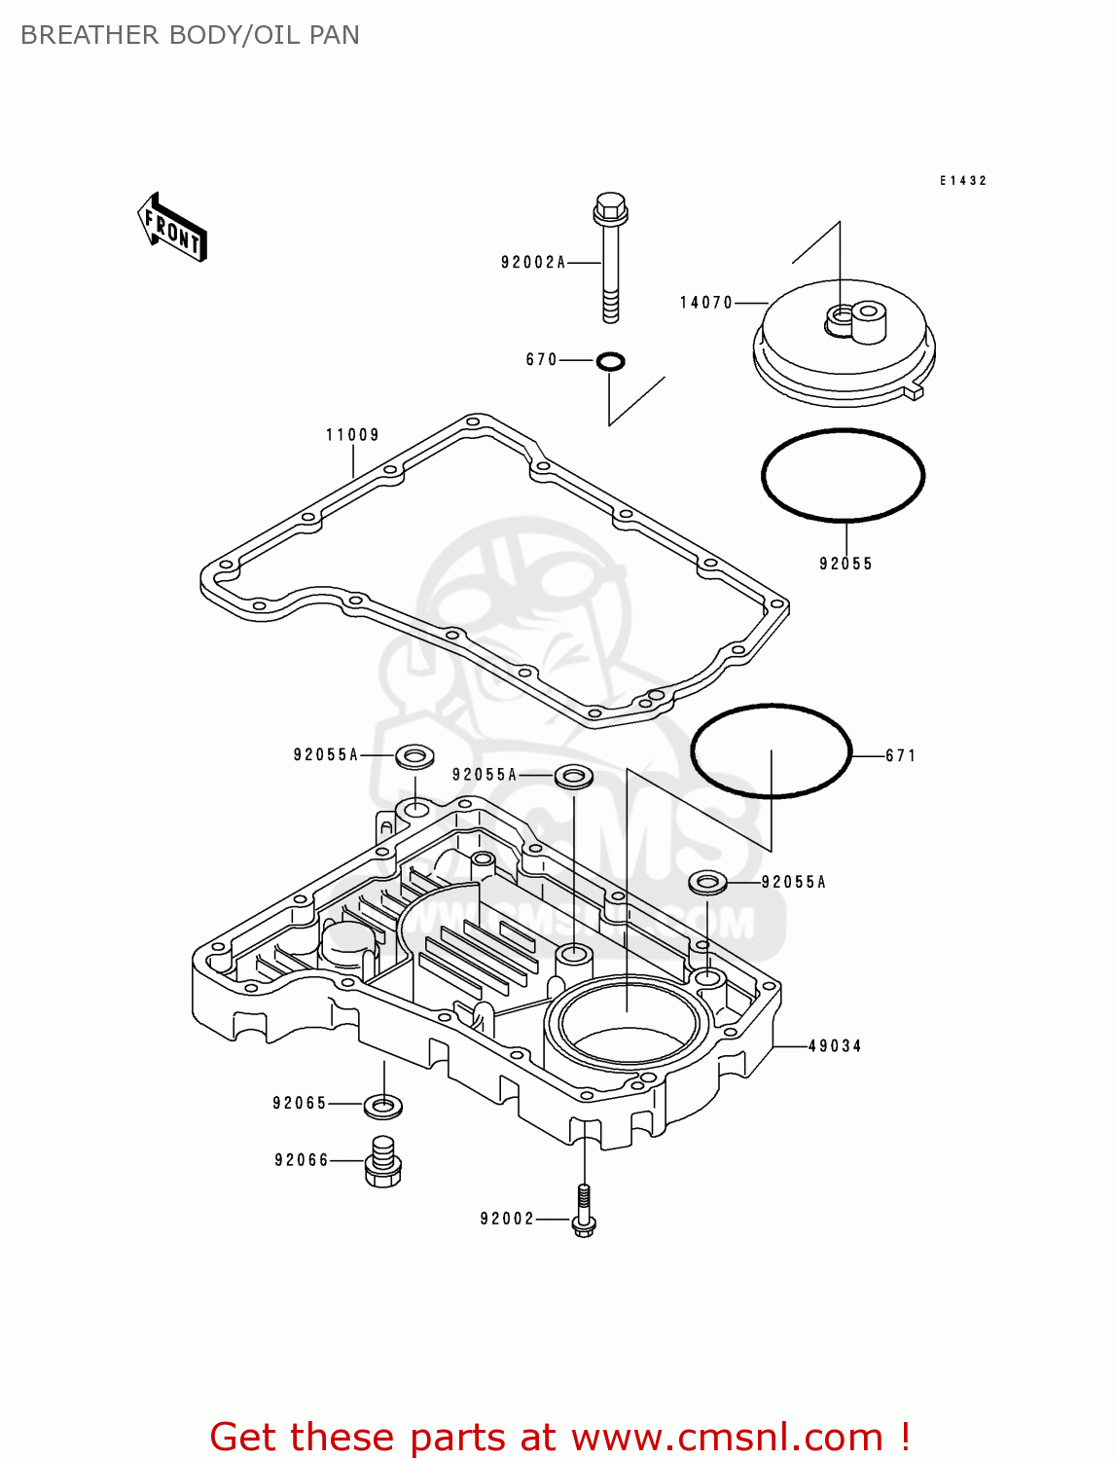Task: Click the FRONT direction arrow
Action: [x=172, y=227]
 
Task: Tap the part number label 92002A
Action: [x=532, y=262]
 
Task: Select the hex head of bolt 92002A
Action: [x=610, y=206]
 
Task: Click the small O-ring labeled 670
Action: [x=610, y=362]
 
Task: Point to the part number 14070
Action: [x=705, y=303]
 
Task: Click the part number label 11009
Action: [x=352, y=435]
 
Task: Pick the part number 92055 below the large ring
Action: [x=845, y=564]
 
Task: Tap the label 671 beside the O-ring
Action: [x=900, y=755]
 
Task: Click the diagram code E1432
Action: [x=962, y=181]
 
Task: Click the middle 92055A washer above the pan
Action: [x=574, y=776]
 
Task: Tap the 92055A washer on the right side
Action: [x=707, y=883]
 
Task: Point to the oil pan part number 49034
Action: [x=835, y=1046]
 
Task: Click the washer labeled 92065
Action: [x=383, y=1106]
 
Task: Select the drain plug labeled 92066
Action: [x=383, y=1161]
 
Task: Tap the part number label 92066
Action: [x=302, y=1160]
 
